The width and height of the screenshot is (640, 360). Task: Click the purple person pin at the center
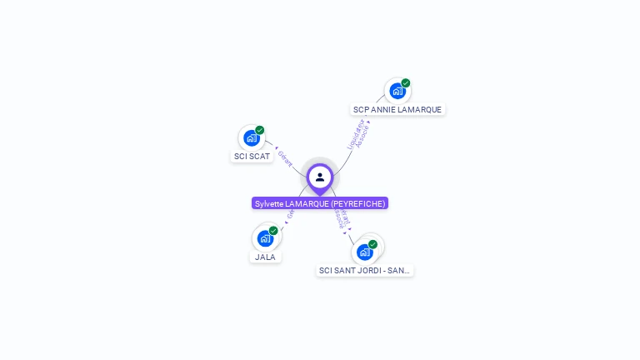(320, 177)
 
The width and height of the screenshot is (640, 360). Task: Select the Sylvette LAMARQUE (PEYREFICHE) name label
(320, 203)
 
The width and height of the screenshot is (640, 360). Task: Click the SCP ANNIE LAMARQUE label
(397, 109)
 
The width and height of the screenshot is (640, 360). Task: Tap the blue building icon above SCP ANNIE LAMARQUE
(397, 91)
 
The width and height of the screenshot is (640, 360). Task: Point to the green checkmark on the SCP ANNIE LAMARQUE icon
(406, 82)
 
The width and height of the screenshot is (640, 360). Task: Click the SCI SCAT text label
(252, 156)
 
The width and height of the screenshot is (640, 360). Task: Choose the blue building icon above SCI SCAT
(252, 138)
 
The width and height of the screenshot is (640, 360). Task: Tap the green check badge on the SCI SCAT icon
(260, 130)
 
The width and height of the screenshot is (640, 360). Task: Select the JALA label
(265, 257)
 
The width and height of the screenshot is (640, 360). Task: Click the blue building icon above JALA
(265, 238)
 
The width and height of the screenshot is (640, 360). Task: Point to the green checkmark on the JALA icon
(273, 230)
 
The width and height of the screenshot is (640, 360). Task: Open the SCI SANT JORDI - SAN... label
(365, 270)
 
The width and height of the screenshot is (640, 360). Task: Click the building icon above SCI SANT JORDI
(364, 252)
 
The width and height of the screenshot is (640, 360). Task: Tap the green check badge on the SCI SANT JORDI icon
(372, 244)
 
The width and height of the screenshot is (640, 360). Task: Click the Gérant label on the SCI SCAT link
(286, 157)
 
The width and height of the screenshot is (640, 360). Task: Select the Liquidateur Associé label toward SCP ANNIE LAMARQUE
(357, 134)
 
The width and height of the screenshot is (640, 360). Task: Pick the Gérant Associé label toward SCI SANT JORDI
(340, 219)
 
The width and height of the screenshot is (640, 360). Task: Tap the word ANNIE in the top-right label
(384, 109)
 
